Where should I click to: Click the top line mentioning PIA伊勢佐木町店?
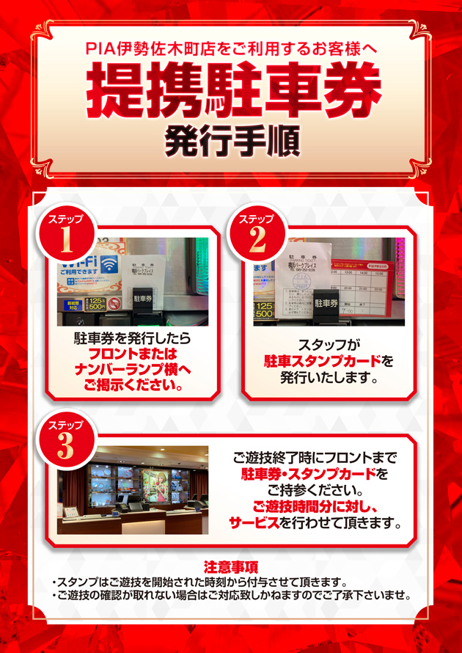[x=231, y=49]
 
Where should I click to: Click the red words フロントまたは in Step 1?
[x=133, y=354]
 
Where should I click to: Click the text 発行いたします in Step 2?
[x=328, y=379]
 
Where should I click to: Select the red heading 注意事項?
[x=231, y=566]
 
